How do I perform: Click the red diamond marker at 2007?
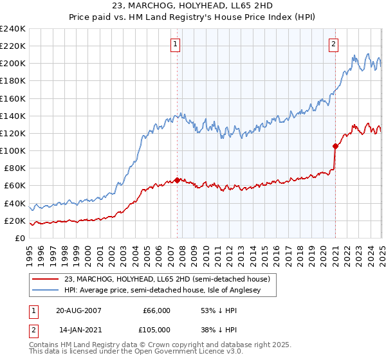coord(177,181)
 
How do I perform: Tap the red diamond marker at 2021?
coord(335,146)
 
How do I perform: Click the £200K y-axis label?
coord(12,64)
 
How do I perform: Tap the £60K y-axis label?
coord(14,185)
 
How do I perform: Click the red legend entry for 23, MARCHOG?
coord(170,279)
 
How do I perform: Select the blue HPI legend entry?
coord(170,290)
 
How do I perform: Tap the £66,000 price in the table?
coord(156,310)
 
